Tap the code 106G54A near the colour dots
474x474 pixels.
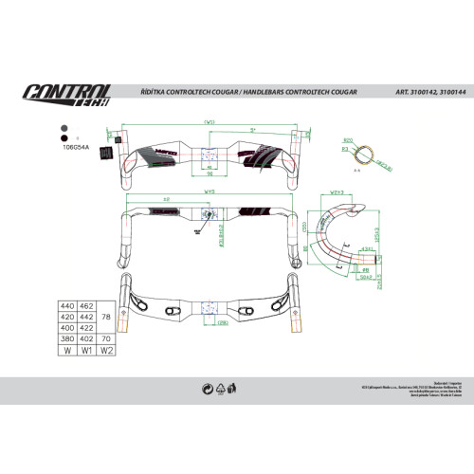tap(75, 148)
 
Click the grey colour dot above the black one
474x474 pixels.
tap(63, 126)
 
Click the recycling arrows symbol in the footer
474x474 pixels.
tap(207, 388)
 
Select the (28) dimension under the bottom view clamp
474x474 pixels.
tap(223, 322)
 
